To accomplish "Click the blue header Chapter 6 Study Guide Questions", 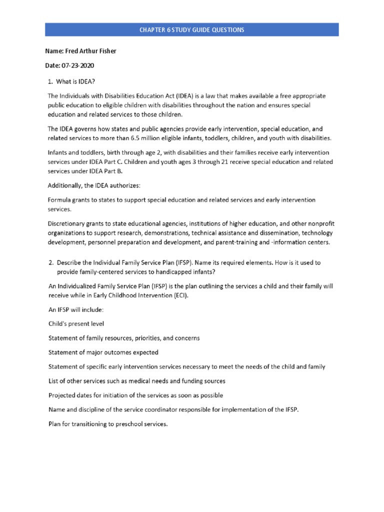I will pyautogui.click(x=192, y=30).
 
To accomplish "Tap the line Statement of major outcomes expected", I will pyautogui.click(x=103, y=352).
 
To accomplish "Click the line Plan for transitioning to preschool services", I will pyautogui.click(x=107, y=424).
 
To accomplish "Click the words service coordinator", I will pyautogui.click(x=138, y=410).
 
